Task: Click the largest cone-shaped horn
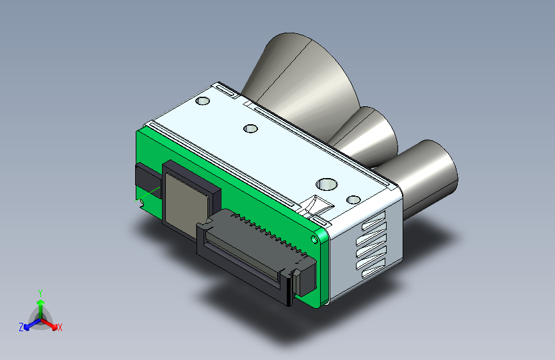coord(305,78)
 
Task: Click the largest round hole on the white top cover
coord(326,184)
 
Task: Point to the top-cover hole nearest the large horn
coord(202,101)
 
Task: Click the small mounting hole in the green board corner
coord(314,239)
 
